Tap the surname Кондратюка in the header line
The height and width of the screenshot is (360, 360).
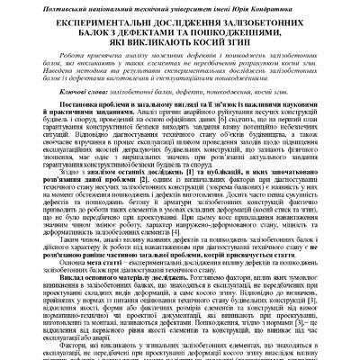tap(272, 6)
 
